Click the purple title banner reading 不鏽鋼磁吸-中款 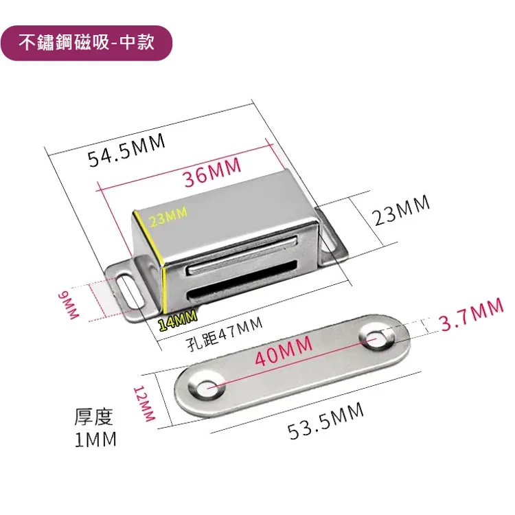click(x=86, y=43)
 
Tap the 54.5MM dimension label click(x=127, y=151)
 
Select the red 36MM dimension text click(x=213, y=172)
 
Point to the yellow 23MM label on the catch click(x=168, y=216)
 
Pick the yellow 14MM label click(x=178, y=320)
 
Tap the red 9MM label click(x=68, y=306)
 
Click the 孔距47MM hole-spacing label click(x=225, y=333)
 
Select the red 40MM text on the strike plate click(x=284, y=351)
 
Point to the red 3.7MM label click(x=472, y=314)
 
